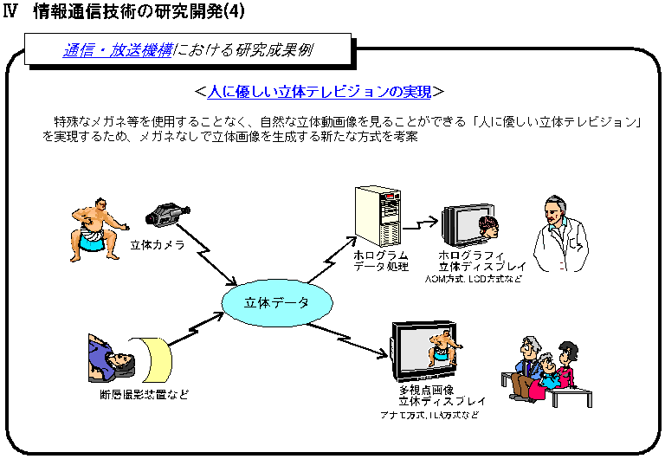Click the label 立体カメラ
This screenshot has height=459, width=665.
(x=158, y=245)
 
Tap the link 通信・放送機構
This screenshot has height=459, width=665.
(x=116, y=50)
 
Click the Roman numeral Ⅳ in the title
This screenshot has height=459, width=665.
(x=11, y=13)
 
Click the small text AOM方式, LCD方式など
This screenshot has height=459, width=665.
(x=473, y=281)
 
